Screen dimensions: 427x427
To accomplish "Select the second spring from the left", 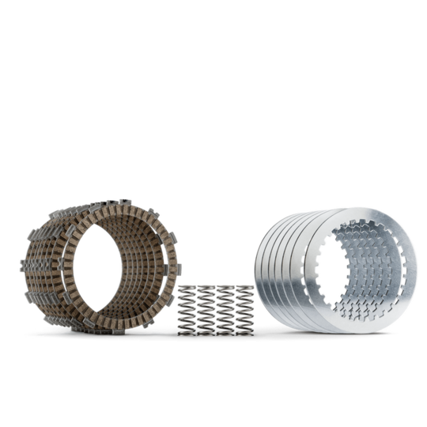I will pyautogui.click(x=206, y=310).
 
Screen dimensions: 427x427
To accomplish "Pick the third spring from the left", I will pyautogui.click(x=224, y=310).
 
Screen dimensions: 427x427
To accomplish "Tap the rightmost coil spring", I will pyautogui.click(x=244, y=310).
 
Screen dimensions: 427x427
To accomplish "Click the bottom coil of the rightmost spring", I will pyautogui.click(x=244, y=331).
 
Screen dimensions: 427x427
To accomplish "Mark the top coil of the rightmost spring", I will pyautogui.click(x=244, y=289).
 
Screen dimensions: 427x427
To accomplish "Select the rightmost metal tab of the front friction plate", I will pyautogui.click(x=179, y=269).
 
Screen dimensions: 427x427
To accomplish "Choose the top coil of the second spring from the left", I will pyautogui.click(x=206, y=289).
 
